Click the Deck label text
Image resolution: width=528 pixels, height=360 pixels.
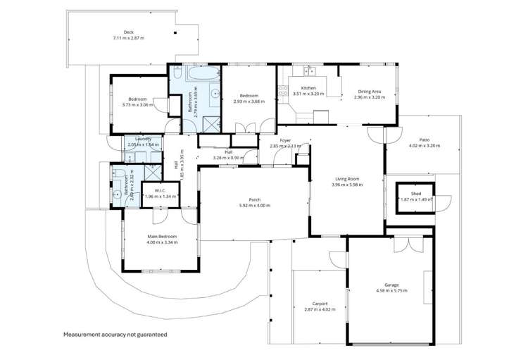coord(128,32)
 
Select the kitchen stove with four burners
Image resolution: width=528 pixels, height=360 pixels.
coord(283,90)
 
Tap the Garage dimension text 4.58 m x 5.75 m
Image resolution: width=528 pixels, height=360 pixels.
coord(391,290)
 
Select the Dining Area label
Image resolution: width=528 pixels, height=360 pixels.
coord(370,91)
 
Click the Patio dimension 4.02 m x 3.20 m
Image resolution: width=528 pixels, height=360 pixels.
coord(424,146)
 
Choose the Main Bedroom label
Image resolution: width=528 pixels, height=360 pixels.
coord(162,236)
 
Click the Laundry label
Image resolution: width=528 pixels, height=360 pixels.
coord(144,139)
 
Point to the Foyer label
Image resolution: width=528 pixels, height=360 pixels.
coord(285,140)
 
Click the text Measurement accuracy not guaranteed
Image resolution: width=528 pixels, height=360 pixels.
coord(115,334)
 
